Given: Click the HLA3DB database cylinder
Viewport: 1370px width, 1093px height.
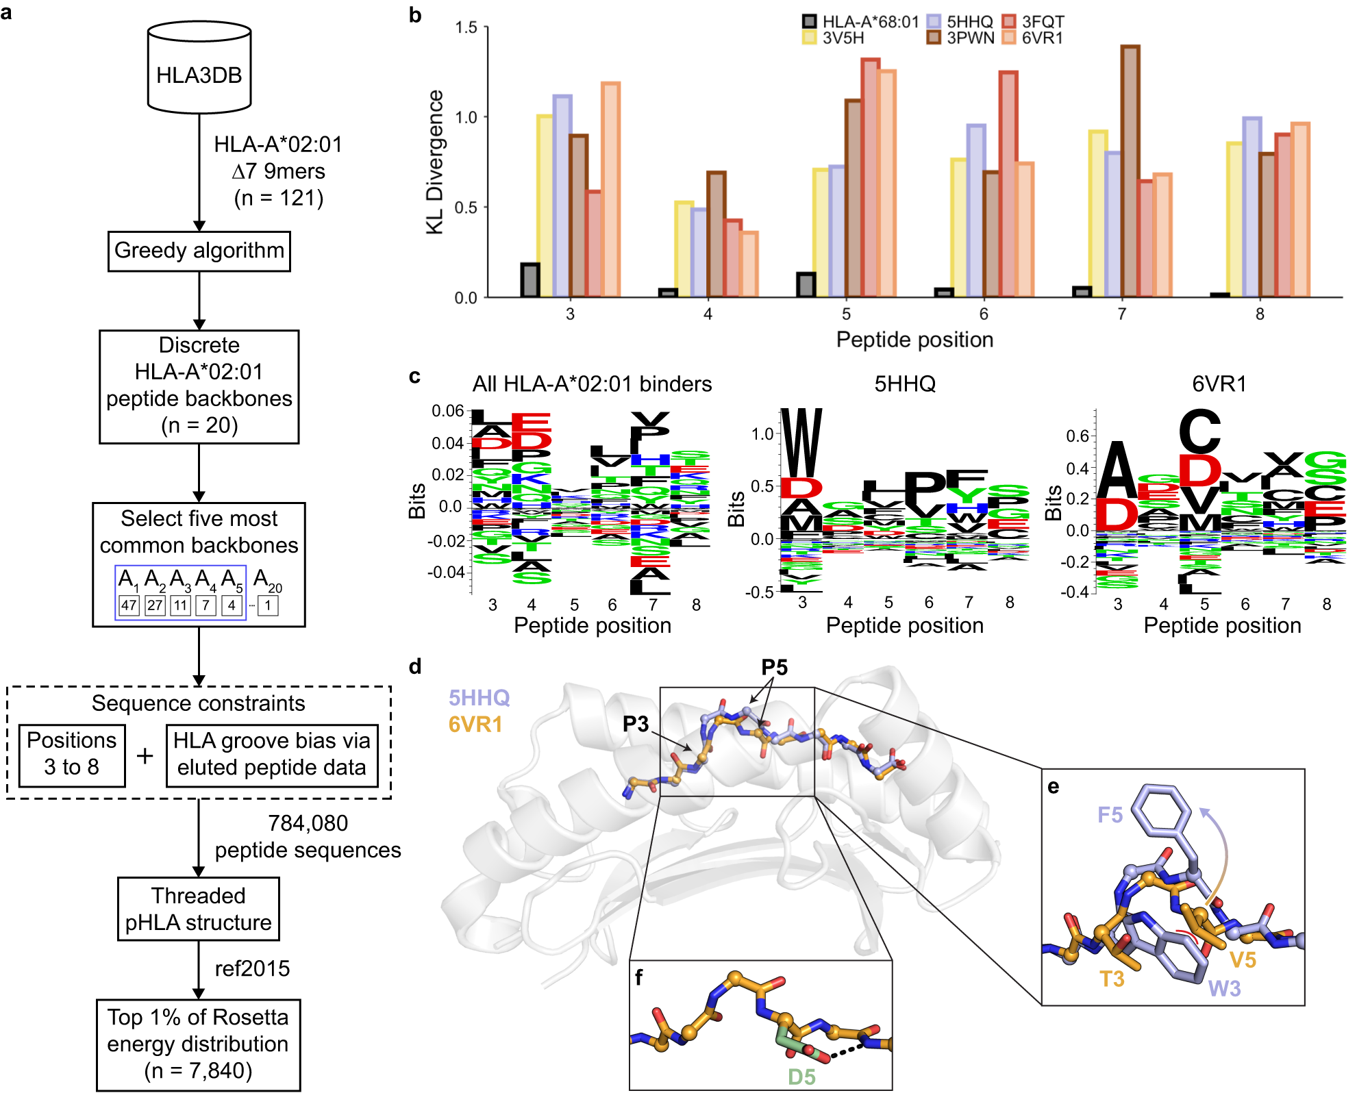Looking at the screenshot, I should pyautogui.click(x=199, y=68).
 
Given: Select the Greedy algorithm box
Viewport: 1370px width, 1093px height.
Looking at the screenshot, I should pyautogui.click(x=199, y=251).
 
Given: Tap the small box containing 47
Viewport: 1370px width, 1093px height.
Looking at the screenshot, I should pyautogui.click(x=129, y=605).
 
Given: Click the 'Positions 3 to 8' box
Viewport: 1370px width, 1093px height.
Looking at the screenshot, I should pyautogui.click(x=71, y=754).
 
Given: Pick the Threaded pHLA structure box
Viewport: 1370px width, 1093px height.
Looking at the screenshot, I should pyautogui.click(x=199, y=909).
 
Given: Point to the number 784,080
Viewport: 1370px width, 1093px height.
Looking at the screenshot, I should pyautogui.click(x=308, y=823).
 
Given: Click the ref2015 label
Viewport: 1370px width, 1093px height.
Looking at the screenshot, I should pyautogui.click(x=252, y=968).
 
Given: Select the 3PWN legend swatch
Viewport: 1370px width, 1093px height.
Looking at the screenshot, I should pyautogui.click(x=933, y=38).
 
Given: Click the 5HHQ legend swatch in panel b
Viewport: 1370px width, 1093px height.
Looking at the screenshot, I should pyautogui.click(x=933, y=21).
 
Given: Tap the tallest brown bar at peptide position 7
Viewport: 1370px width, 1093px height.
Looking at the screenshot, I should pyautogui.click(x=1130, y=171).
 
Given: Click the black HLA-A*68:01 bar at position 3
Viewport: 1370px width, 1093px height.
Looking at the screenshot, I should pyautogui.click(x=530, y=280).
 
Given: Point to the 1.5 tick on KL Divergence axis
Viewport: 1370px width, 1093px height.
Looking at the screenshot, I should pyautogui.click(x=466, y=27).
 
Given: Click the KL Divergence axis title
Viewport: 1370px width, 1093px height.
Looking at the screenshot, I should pyautogui.click(x=435, y=162).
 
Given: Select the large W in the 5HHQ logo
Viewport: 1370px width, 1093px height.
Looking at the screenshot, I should pyautogui.click(x=801, y=443).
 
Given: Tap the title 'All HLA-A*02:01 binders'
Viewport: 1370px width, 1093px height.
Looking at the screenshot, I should pyautogui.click(x=592, y=384).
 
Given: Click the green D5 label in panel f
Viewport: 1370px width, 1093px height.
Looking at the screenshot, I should pyautogui.click(x=801, y=1077).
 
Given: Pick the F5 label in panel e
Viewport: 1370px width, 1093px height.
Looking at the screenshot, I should pyautogui.click(x=1110, y=814).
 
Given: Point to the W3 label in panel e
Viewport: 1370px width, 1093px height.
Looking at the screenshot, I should pyautogui.click(x=1224, y=988).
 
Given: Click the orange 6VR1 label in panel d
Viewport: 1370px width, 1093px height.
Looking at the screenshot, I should pyautogui.click(x=475, y=724).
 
